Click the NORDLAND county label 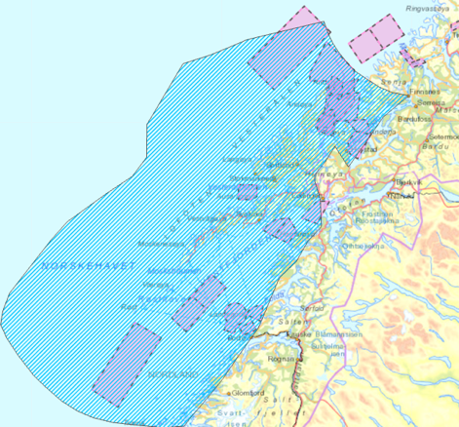(x=172, y=373)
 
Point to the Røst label (x=127, y=306)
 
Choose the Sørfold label (x=311, y=308)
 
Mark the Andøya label (x=300, y=100)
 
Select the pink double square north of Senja (x=375, y=37)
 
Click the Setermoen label (x=442, y=137)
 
